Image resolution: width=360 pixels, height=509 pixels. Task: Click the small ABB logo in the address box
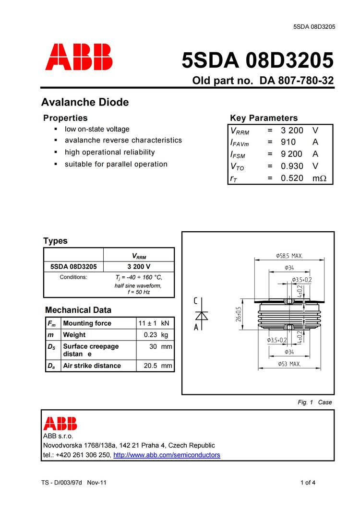tap(60, 423)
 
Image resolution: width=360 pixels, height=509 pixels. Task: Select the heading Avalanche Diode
tap(85, 102)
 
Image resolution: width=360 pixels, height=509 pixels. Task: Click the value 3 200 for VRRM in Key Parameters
tap(292, 130)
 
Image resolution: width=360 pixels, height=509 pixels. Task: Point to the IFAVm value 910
tap(288, 142)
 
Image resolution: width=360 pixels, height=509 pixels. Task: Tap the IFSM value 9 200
tap(292, 154)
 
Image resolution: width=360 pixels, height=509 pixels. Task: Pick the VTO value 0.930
tap(292, 166)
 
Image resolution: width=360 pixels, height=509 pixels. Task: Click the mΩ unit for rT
tap(319, 178)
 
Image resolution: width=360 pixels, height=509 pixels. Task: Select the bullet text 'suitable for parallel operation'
tap(116, 164)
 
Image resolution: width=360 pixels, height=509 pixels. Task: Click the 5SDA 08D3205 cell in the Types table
tap(73, 267)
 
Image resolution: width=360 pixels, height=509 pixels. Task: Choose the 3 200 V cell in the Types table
tap(139, 267)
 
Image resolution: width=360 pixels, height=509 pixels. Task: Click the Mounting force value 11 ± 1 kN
tap(154, 323)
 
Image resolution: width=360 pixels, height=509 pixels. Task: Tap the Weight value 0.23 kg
tap(157, 335)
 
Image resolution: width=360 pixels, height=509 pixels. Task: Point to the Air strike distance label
tap(92, 366)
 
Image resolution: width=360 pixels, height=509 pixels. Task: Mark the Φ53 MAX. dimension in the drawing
tap(289, 364)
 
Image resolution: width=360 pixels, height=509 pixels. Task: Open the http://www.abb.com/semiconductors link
tap(167, 455)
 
